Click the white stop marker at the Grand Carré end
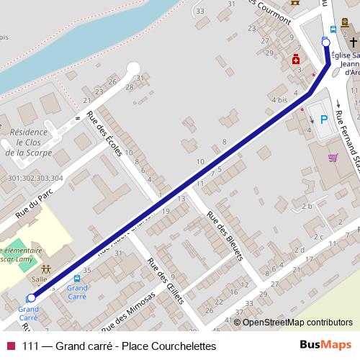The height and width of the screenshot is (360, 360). [x=31, y=297]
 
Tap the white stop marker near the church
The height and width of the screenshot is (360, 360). [x=325, y=42]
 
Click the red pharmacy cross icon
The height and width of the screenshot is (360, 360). [x=296, y=61]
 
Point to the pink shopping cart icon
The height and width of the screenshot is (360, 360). [x=333, y=157]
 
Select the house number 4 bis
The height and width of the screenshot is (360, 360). [x=280, y=99]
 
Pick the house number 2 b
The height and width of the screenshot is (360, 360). [x=307, y=207]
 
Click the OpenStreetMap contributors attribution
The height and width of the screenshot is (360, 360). [x=297, y=322]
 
